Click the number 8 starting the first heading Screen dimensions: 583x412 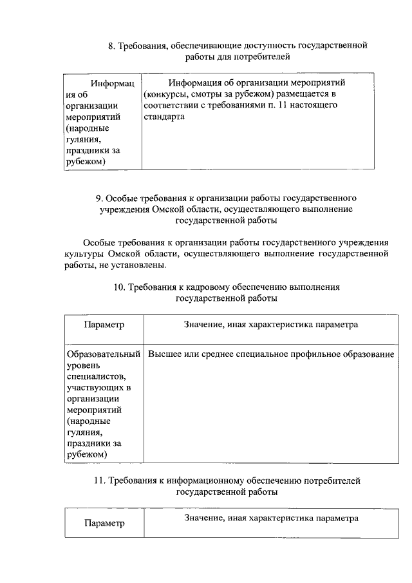click(111, 46)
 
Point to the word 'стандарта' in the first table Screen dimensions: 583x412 click(164, 117)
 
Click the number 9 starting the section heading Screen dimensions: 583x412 click(98, 198)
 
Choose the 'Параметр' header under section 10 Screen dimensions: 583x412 click(104, 325)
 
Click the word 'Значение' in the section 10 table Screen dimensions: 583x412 click(203, 325)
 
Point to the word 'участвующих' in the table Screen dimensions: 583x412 click(93, 387)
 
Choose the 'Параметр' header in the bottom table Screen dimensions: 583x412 click(104, 523)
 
